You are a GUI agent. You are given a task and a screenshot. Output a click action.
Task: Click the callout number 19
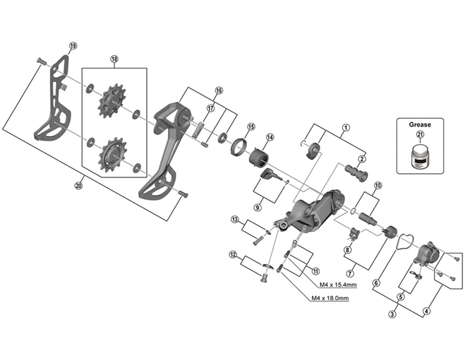pos(73,46)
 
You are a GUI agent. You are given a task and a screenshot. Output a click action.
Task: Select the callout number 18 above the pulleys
pos(114,59)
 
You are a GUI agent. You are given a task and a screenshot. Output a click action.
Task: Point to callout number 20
pos(79,186)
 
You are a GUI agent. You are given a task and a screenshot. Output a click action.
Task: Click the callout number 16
pos(219,90)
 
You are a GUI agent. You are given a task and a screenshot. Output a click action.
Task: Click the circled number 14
pos(270,137)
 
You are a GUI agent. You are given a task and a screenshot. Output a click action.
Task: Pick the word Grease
pos(420,124)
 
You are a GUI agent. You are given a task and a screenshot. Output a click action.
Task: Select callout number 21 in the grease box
pos(420,135)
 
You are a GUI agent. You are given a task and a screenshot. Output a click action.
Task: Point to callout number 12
pos(233,254)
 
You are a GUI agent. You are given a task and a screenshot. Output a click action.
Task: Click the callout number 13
pos(235,219)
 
